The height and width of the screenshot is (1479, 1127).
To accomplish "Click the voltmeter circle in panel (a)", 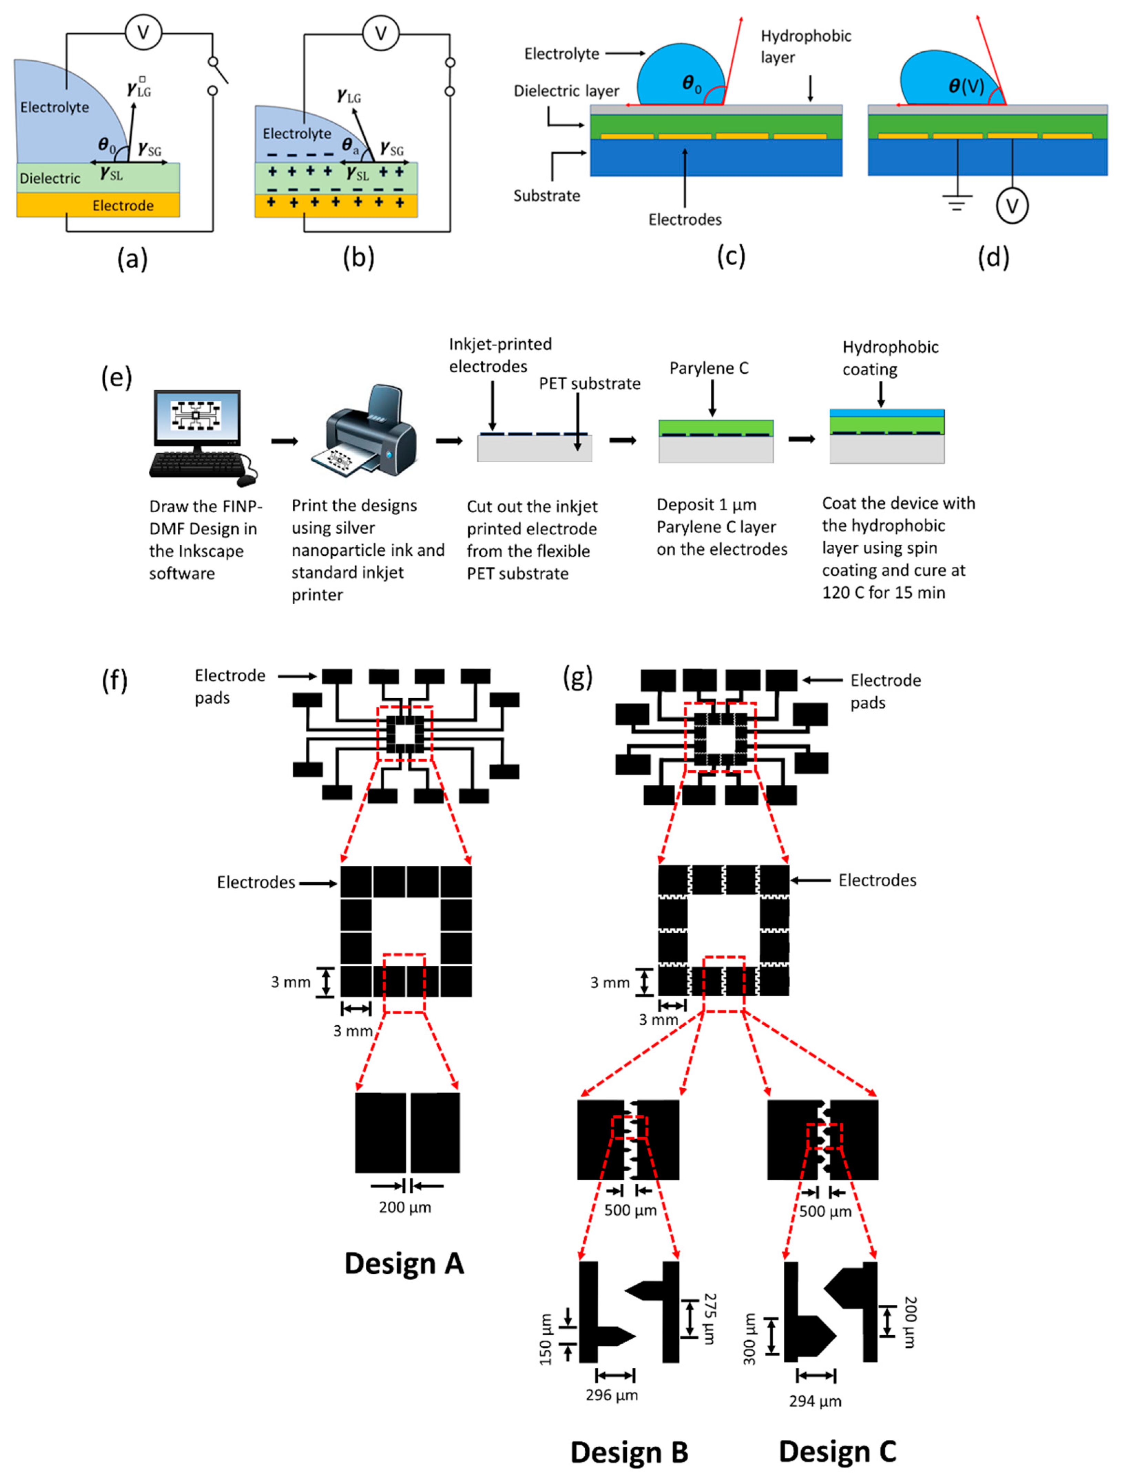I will coord(143,32).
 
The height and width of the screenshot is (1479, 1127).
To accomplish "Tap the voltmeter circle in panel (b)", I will coord(380,33).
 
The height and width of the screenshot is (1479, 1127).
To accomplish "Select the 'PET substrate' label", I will coord(589,383).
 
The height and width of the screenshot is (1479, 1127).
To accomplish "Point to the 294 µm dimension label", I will coord(815,1401).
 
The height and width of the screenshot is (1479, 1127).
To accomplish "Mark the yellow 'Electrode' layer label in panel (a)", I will coord(123,205).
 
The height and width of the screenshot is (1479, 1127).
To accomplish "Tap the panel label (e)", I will coord(116,378).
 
